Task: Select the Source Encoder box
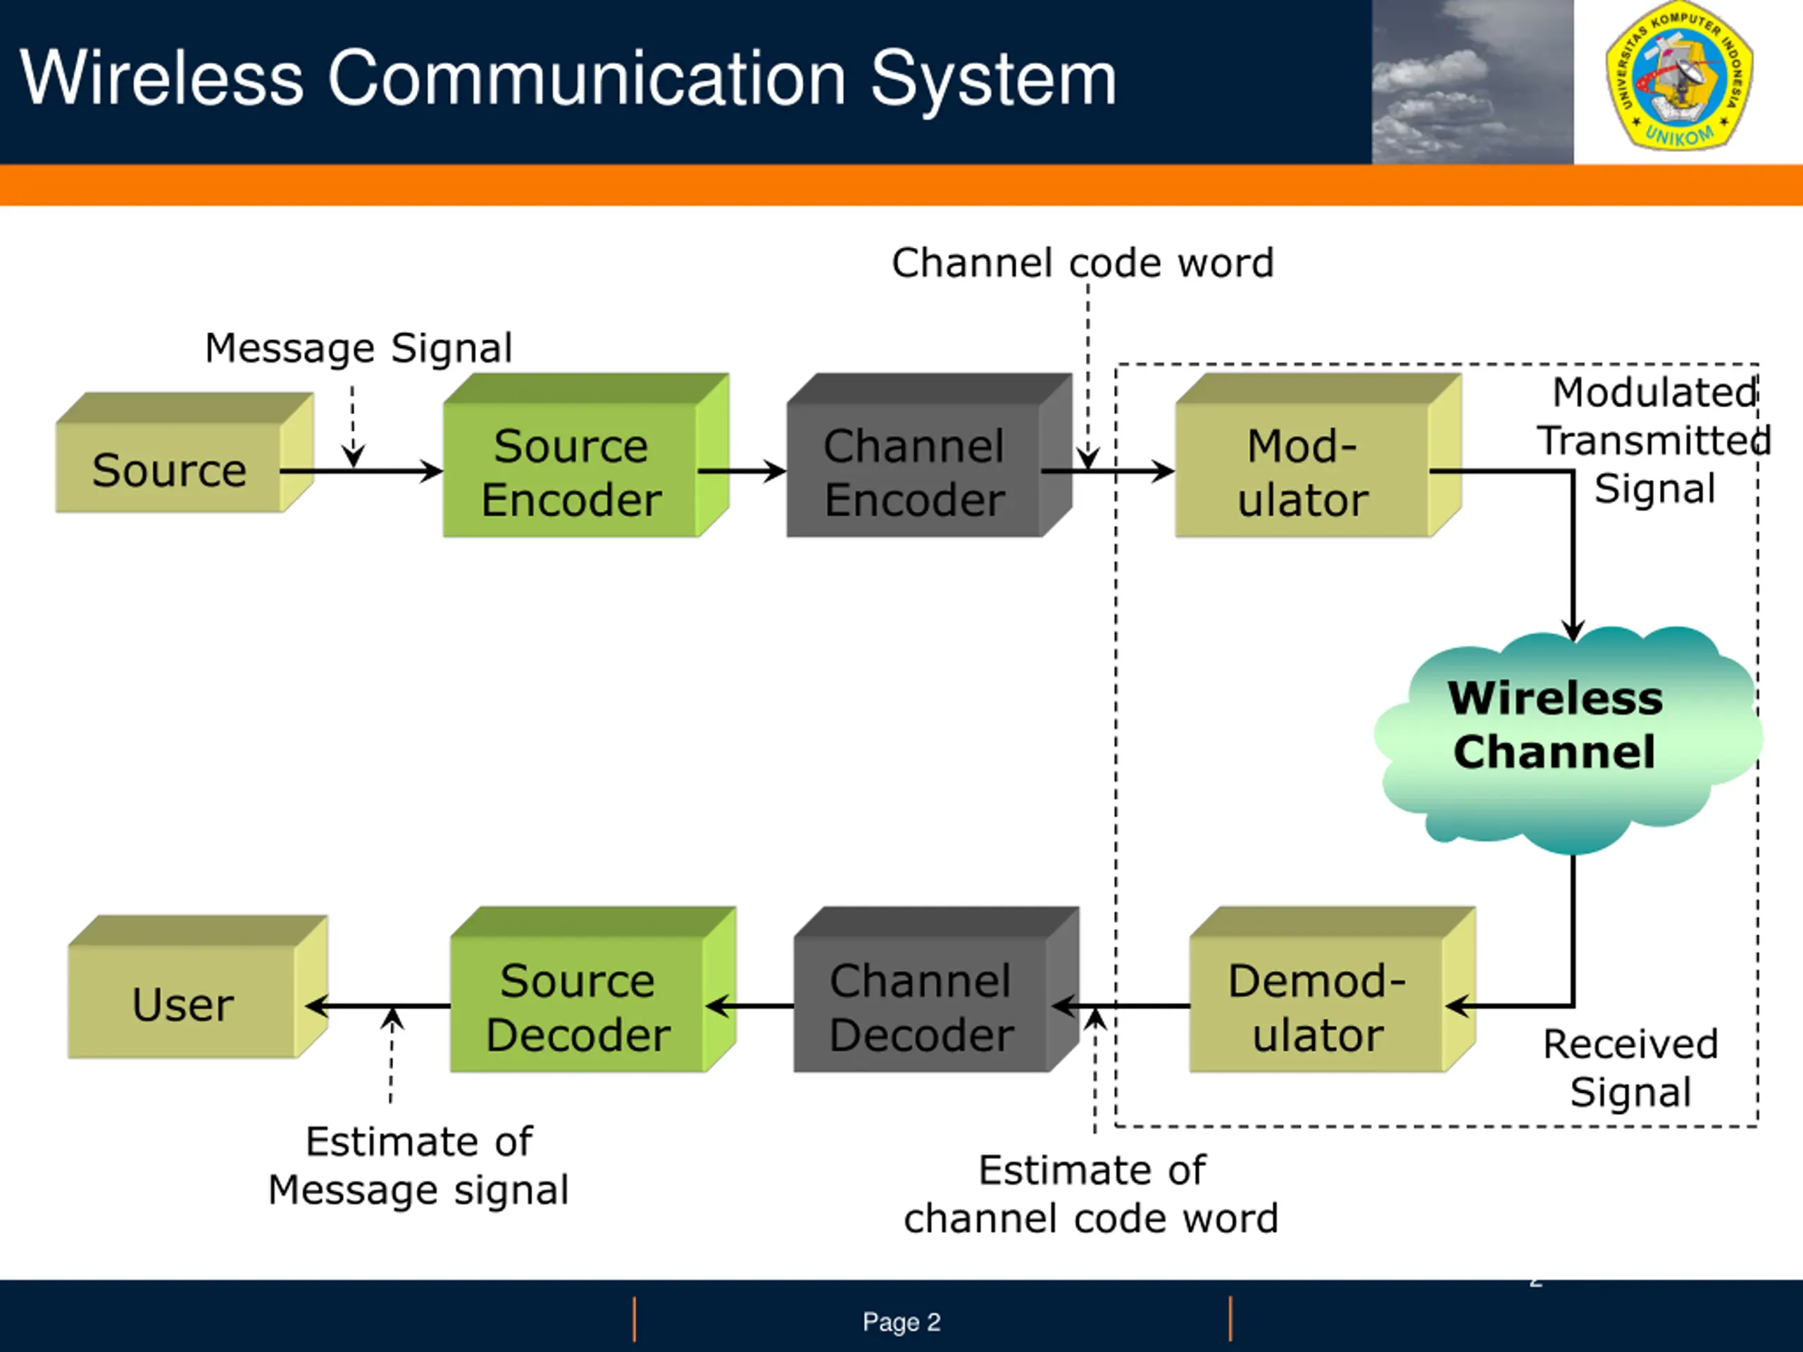coord(570,471)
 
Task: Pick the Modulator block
coord(1302,471)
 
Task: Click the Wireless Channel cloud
coord(1555,725)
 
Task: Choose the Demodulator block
coord(1317,1006)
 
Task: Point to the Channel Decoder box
coord(921,1006)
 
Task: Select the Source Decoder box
coord(578,1006)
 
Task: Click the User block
coord(183,1003)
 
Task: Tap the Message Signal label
coord(358,348)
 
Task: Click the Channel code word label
coord(1083,263)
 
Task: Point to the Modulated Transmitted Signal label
coord(1654,440)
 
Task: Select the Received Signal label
coord(1630,1068)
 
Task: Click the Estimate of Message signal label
coord(419,1165)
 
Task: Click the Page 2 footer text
coord(901,1322)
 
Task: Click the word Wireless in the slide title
coord(161,78)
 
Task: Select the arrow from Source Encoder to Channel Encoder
coord(742,471)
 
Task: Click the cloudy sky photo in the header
coord(1472,82)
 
